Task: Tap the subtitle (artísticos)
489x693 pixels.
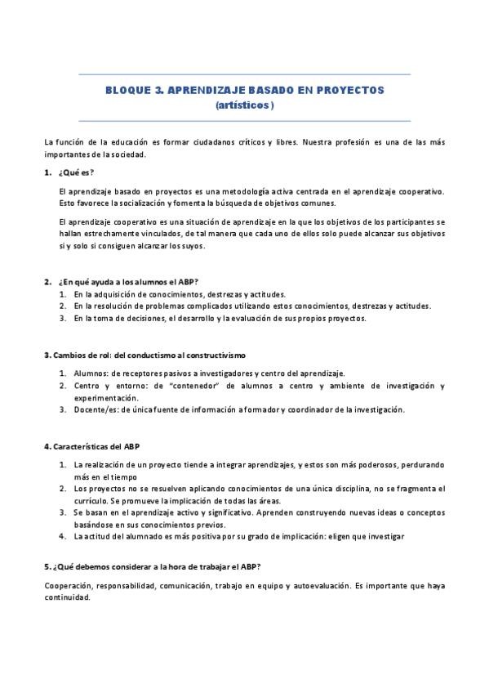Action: click(245, 105)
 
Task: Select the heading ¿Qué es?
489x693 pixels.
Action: click(76, 172)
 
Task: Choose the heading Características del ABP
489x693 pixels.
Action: click(95, 447)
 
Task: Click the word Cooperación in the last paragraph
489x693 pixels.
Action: click(69, 586)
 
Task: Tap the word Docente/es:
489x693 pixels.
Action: click(96, 409)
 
